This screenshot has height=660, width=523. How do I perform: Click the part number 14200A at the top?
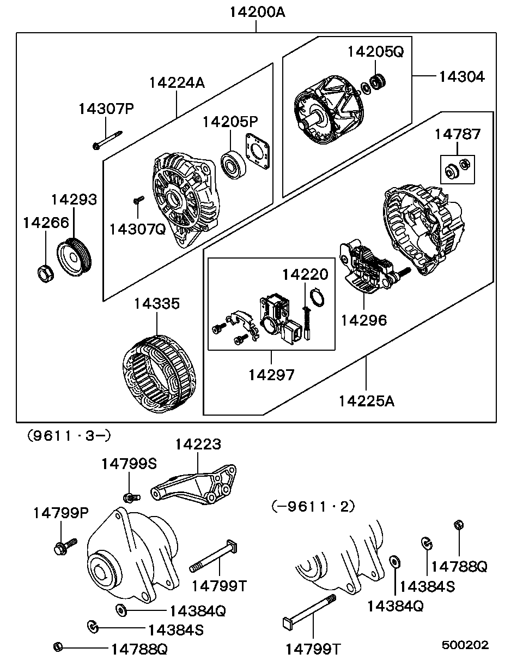257,12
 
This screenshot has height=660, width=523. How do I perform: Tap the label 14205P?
230,122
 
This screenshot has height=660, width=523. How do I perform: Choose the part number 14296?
363,320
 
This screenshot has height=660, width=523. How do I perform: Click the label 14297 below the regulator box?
271,375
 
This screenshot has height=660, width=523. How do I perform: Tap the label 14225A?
366,401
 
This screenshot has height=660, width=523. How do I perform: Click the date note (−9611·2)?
313,506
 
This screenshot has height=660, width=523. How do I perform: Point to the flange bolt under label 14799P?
63,547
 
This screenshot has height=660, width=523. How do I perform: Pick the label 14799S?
129,464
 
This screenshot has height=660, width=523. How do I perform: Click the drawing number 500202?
465,645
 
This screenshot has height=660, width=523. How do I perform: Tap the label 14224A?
177,82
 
